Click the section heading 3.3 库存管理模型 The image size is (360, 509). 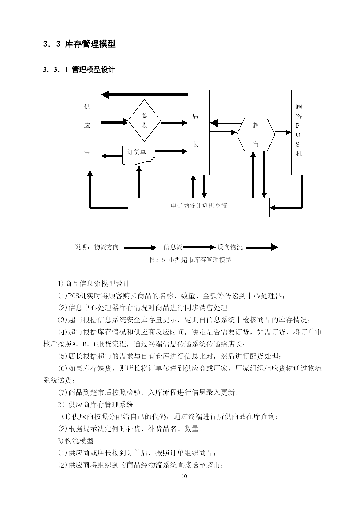pos(79,44)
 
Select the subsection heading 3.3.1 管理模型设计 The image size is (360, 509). pos(79,70)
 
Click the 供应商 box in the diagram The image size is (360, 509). pos(90,130)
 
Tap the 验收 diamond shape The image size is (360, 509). pos(144,120)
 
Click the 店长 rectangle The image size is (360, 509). pos(199,132)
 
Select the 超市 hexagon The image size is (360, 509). pos(256,135)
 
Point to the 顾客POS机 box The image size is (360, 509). pos(302,132)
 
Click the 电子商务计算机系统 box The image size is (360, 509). pos(199,208)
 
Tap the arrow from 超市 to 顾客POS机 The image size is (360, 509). pos(283,132)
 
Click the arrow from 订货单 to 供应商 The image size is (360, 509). pos(112,156)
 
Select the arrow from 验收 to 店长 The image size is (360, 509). pos(174,123)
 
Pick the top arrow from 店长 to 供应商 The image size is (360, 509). pos(144,94)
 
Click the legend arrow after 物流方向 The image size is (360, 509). pos(140,248)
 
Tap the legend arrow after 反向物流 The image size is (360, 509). pos(262,247)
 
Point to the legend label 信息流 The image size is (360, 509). pos(173,247)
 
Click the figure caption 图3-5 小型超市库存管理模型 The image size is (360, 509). pos(191,260)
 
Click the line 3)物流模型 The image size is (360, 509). pos(75,441)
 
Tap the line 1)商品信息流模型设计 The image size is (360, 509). pos(94,284)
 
